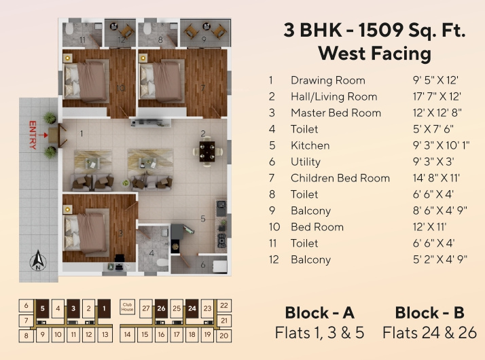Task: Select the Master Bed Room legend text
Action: (336, 113)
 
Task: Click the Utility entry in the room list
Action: (305, 162)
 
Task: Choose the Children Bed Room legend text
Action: (340, 178)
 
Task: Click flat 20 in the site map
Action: (224, 335)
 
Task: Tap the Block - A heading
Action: (319, 313)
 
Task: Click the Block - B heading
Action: (429, 313)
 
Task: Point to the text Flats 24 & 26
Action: (429, 333)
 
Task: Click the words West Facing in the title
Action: (374, 53)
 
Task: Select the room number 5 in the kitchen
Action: (202, 219)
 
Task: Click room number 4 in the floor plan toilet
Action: (151, 253)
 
